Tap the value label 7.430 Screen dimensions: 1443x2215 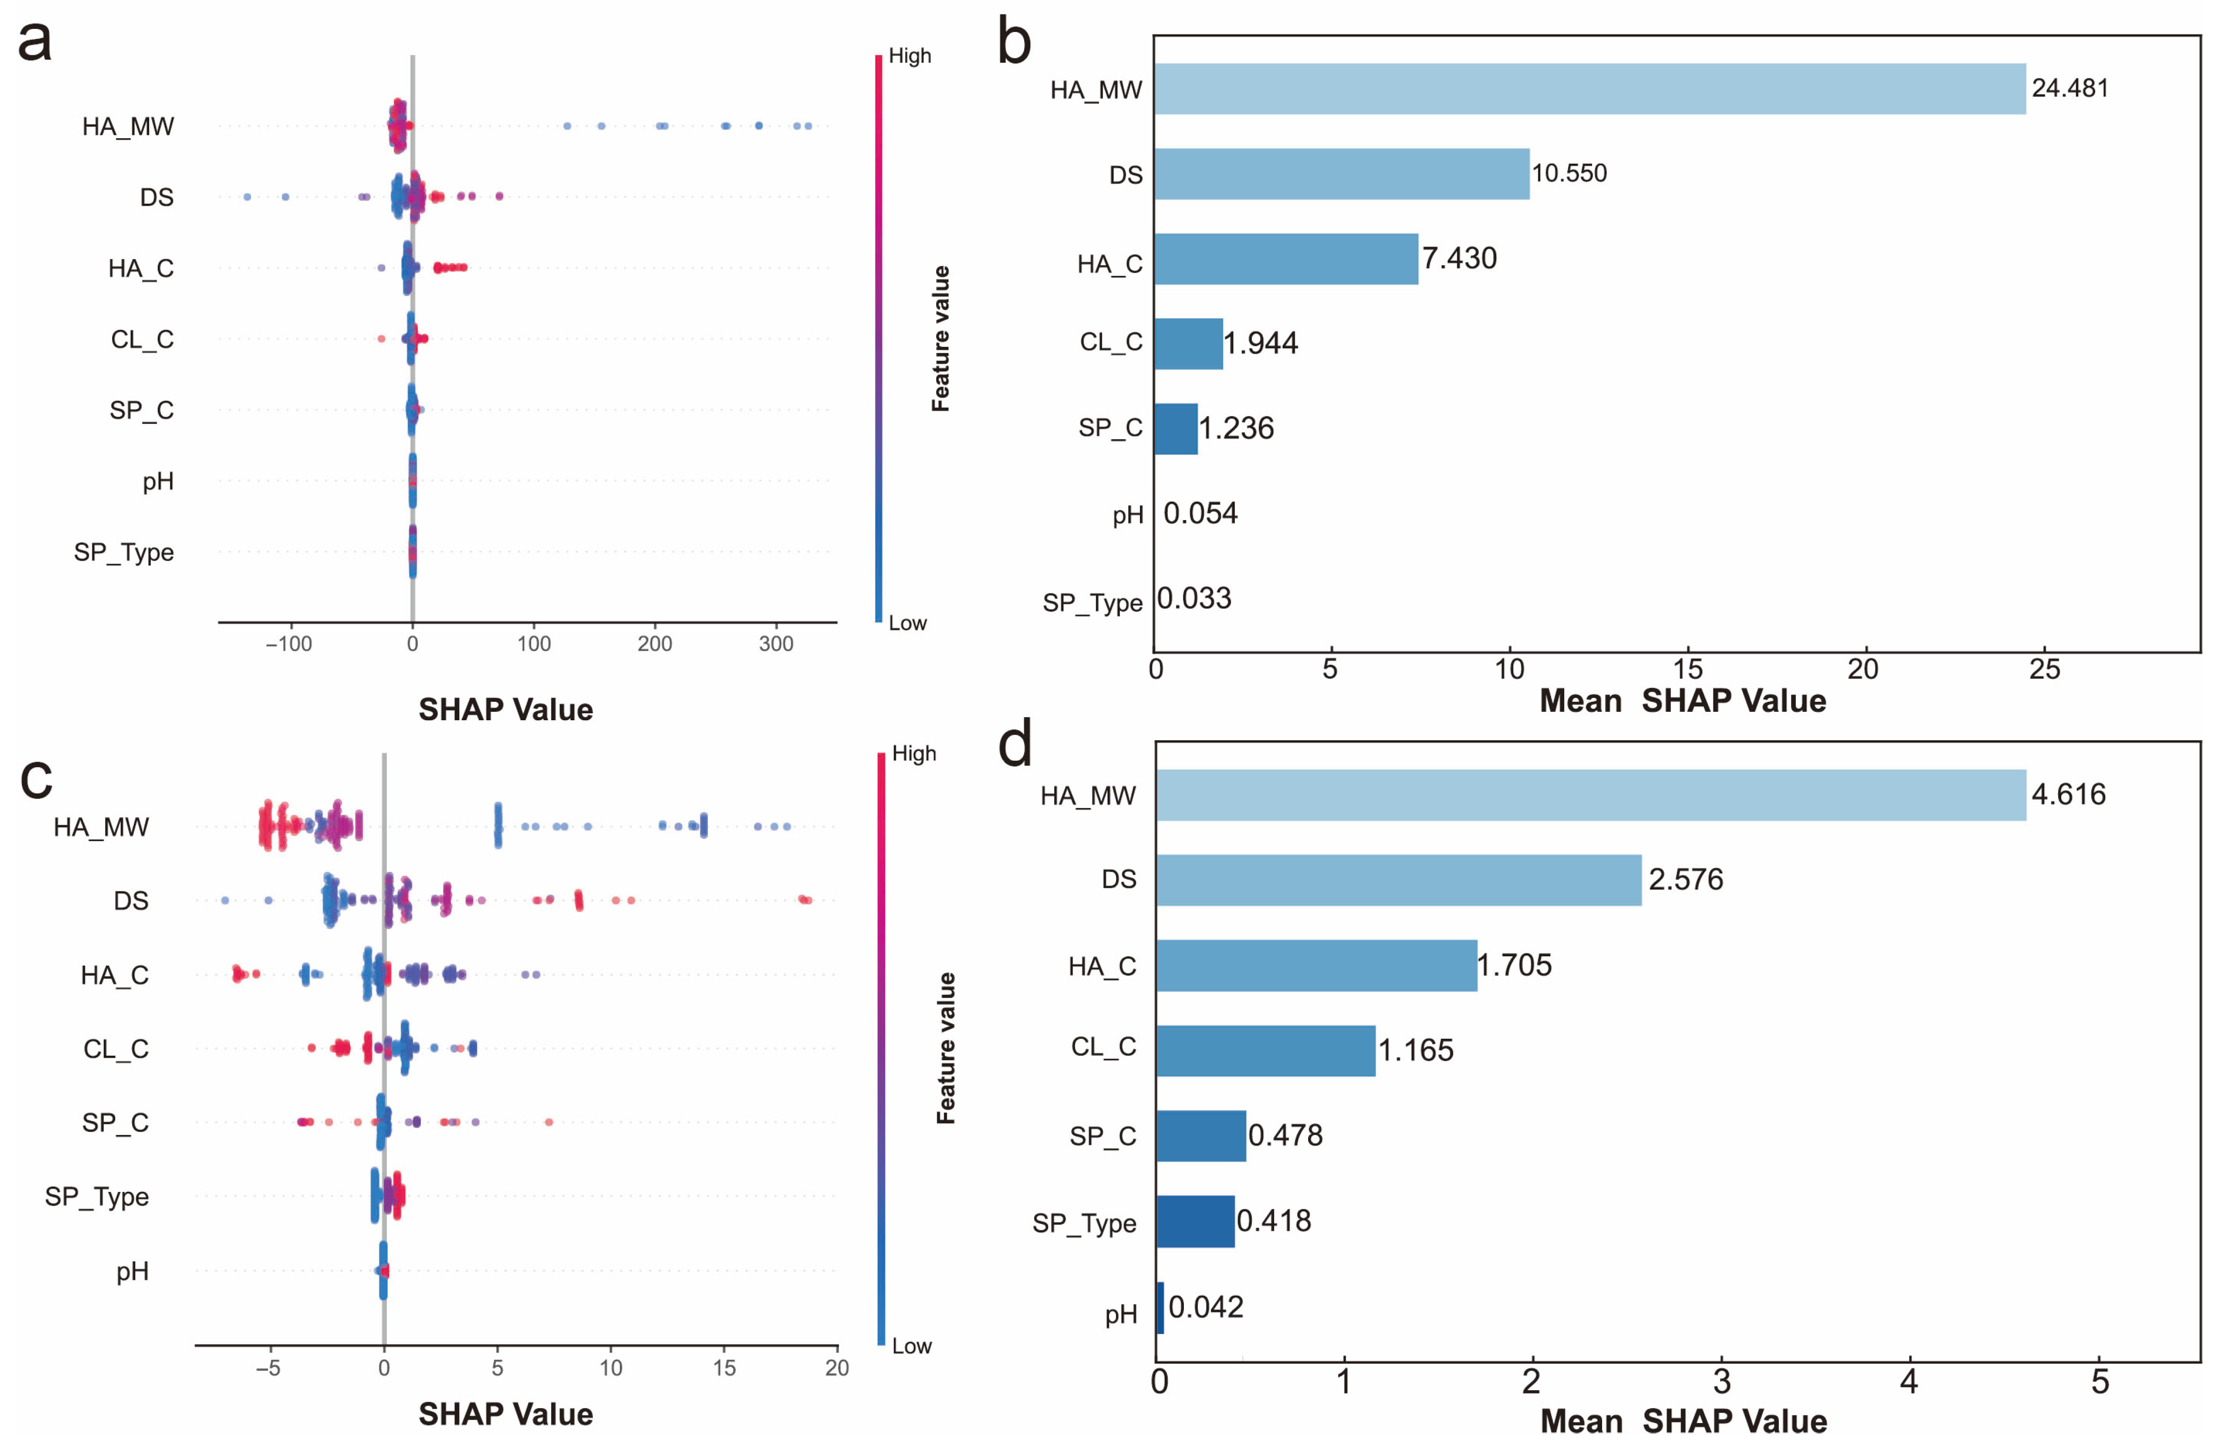click(x=1458, y=258)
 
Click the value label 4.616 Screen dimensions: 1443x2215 click(x=2068, y=794)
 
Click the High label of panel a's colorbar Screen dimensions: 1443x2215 click(x=909, y=56)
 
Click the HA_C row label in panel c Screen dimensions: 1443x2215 click(x=114, y=975)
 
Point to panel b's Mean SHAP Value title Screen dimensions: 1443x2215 click(x=1682, y=701)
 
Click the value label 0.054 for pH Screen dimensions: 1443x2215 click(x=1200, y=513)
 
